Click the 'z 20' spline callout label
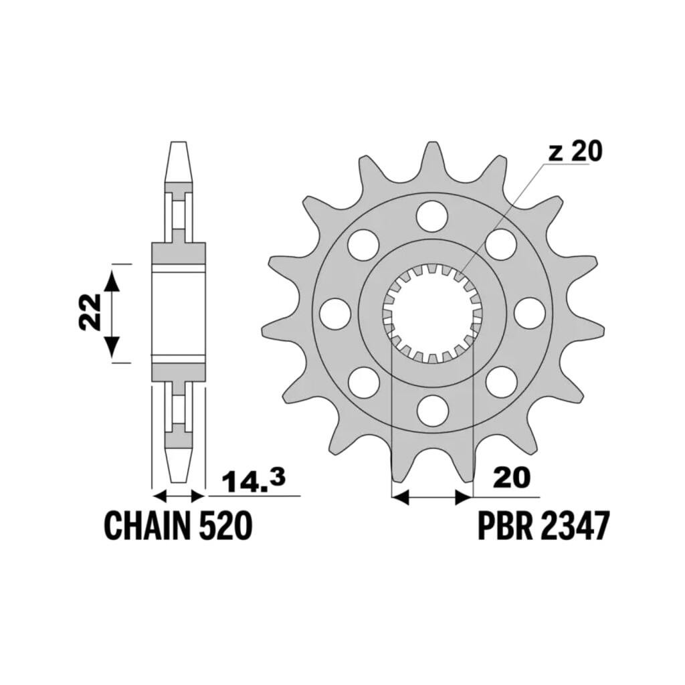click(576, 151)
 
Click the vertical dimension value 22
click(90, 311)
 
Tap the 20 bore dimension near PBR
click(512, 478)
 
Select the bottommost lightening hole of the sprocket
click(433, 411)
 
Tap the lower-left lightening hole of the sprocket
click(364, 383)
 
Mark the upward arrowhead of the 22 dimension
click(112, 280)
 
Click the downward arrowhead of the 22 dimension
click(112, 345)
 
